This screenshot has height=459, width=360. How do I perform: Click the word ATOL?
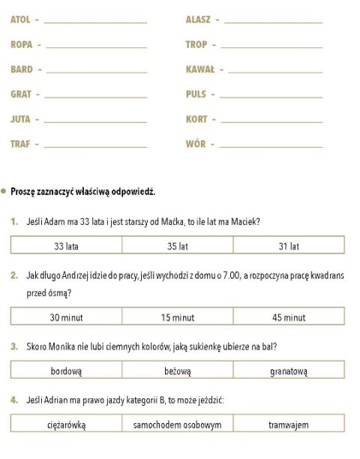tap(20, 19)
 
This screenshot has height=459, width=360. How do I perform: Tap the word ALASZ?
tap(198, 19)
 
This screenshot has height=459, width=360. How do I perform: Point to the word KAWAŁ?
tap(200, 70)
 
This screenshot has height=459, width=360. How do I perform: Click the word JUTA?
tap(20, 119)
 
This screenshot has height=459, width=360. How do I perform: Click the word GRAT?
tap(21, 94)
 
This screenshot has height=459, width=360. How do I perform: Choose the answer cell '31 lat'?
tap(289, 245)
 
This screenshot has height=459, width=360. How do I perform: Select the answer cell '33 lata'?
tap(67, 245)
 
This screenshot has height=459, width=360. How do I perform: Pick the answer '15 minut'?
tap(178, 317)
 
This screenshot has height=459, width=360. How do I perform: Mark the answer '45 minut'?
tap(289, 317)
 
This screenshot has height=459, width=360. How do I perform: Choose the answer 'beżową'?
tap(178, 370)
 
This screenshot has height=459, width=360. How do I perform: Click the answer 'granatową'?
tap(289, 370)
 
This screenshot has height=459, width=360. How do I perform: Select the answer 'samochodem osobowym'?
tap(178, 424)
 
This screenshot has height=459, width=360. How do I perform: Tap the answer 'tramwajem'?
tap(289, 424)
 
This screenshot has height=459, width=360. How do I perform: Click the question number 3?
tap(14, 347)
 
